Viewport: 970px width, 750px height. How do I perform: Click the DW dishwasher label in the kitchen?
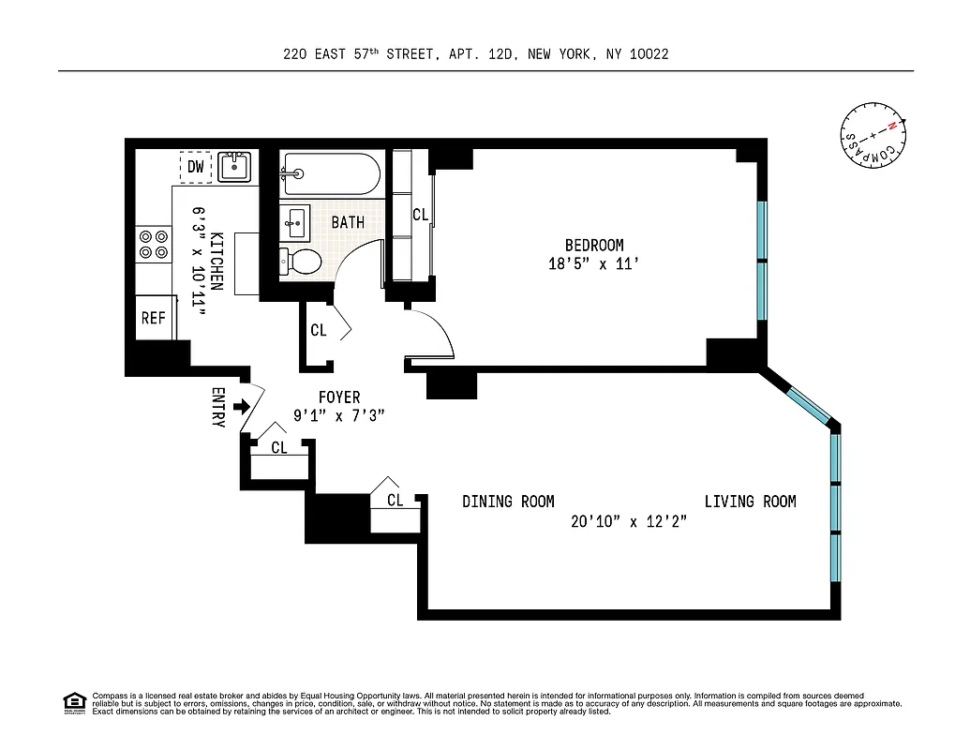tap(195, 167)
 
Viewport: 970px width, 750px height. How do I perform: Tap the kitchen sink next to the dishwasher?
tap(234, 167)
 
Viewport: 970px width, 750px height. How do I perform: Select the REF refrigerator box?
tap(154, 318)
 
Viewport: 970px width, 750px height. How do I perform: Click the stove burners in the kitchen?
tap(154, 244)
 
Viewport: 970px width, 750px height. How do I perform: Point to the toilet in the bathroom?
tap(301, 260)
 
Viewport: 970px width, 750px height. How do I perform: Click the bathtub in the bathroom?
tap(330, 173)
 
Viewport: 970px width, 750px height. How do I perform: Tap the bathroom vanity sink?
tap(295, 223)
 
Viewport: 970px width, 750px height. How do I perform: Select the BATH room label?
tap(348, 223)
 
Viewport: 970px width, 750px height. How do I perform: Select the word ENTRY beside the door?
tap(217, 408)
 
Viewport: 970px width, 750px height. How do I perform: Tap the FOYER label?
tap(338, 397)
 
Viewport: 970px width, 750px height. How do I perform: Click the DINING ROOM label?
tap(508, 502)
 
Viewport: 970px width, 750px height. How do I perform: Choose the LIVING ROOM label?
tap(750, 502)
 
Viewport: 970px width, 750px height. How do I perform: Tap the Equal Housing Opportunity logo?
tap(74, 702)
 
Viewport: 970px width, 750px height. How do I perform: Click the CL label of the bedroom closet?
tap(420, 215)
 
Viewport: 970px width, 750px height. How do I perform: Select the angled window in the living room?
tap(804, 400)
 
